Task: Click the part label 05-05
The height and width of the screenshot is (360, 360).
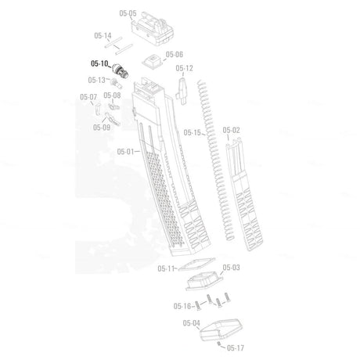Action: click(x=128, y=13)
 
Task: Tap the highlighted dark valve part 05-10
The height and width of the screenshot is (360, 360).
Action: click(x=120, y=70)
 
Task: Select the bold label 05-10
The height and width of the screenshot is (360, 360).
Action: click(x=99, y=63)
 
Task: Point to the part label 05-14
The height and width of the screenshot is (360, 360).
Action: click(x=103, y=35)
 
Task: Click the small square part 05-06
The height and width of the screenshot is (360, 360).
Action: click(x=152, y=61)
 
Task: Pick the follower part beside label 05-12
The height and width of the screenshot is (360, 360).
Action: click(x=182, y=91)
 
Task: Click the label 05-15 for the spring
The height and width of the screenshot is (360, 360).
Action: click(x=193, y=132)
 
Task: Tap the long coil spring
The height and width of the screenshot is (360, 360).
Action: click(x=216, y=160)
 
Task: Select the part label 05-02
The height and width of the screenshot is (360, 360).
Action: click(x=231, y=130)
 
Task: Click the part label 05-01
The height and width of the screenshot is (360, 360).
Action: click(x=125, y=152)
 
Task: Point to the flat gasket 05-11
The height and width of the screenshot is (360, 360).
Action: click(x=197, y=265)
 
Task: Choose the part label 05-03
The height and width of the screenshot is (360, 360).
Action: click(x=231, y=268)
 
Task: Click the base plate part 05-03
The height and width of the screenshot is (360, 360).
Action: click(x=204, y=281)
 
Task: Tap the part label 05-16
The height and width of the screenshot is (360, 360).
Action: click(x=182, y=306)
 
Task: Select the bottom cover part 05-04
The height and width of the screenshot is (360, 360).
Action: click(x=221, y=329)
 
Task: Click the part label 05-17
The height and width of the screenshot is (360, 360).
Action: click(x=236, y=347)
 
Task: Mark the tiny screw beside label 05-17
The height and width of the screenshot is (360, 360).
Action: click(x=219, y=344)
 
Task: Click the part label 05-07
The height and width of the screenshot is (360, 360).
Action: click(x=88, y=97)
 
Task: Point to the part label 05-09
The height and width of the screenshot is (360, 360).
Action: click(x=102, y=128)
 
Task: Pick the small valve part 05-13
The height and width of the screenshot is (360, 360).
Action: click(x=116, y=83)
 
